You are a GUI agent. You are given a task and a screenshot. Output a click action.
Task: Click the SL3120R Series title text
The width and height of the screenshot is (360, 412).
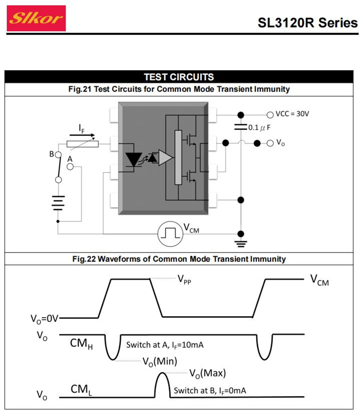pyautogui.click(x=307, y=23)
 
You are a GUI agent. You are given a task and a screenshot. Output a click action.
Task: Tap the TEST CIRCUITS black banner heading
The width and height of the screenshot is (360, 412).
pyautogui.click(x=179, y=77)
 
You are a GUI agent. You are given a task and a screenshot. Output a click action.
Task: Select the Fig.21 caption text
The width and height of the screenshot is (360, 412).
pyautogui.click(x=179, y=89)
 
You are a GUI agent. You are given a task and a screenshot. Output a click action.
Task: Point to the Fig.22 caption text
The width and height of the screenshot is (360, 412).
pyautogui.click(x=179, y=259)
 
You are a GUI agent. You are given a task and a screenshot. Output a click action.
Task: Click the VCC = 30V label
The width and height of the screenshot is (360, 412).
pyautogui.click(x=292, y=114)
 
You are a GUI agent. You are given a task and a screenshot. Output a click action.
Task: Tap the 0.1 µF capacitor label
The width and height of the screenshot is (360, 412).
pyautogui.click(x=260, y=128)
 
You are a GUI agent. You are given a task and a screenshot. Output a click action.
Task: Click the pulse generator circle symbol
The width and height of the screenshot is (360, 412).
pyautogui.click(x=170, y=233)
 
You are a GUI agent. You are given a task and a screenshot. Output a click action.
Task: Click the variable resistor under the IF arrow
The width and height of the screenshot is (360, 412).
pyautogui.click(x=83, y=143)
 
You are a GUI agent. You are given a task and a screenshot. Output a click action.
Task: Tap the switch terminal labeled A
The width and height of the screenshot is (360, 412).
pyautogui.click(x=70, y=166)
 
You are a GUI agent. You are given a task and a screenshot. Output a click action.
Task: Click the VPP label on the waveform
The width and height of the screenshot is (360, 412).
pyautogui.click(x=185, y=280)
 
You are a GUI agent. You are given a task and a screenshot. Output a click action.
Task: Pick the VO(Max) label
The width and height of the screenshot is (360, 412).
pyautogui.click(x=207, y=373)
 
